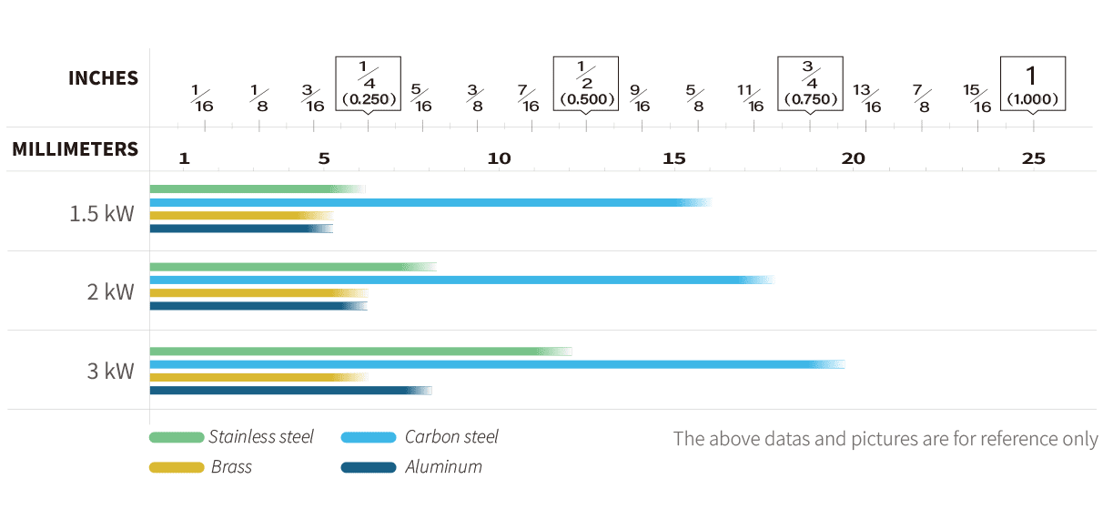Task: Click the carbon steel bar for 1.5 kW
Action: click(x=428, y=202)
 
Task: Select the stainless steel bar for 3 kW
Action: click(x=359, y=352)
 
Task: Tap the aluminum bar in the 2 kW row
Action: click(x=258, y=306)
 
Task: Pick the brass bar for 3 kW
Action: click(x=258, y=377)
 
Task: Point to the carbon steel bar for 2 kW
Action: click(x=460, y=280)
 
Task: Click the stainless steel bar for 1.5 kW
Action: click(x=257, y=189)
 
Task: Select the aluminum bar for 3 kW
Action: click(x=289, y=391)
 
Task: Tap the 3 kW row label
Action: click(x=110, y=371)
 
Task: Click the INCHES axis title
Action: click(x=103, y=78)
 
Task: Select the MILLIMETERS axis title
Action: click(x=75, y=149)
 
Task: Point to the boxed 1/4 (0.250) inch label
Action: click(x=368, y=83)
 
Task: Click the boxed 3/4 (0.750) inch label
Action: click(x=810, y=83)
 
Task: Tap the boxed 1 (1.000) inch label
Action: click(x=1032, y=83)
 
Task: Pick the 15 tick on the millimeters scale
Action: click(x=673, y=158)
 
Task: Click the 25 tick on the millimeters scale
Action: click(x=1033, y=158)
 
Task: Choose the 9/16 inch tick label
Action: click(x=640, y=97)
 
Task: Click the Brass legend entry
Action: click(x=231, y=467)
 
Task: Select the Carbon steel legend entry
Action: click(x=451, y=437)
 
